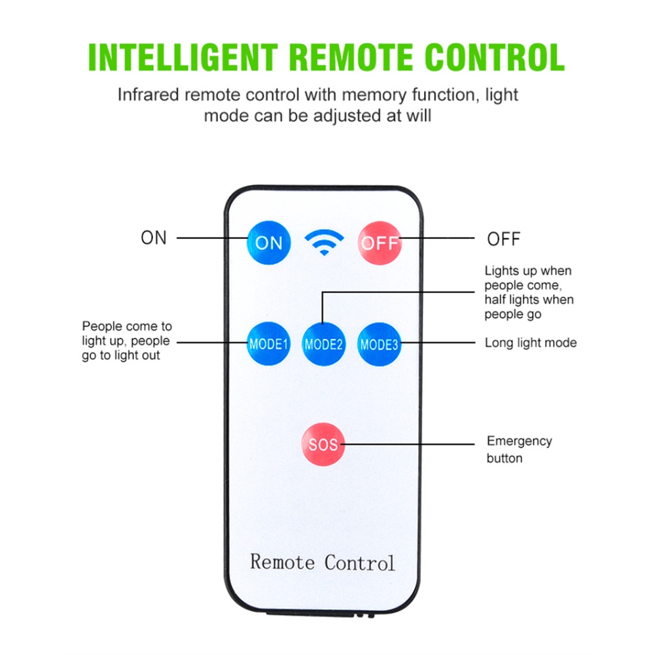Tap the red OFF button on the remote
[x=380, y=243]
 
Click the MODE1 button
[x=268, y=344]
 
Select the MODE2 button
[x=324, y=344]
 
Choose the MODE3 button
[x=380, y=344]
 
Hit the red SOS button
[x=323, y=444]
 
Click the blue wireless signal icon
[x=324, y=243]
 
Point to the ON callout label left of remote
[x=154, y=238]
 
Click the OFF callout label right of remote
[x=504, y=239]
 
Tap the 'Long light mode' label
[x=531, y=343]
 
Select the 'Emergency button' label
[x=520, y=450]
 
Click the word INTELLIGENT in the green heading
[x=183, y=57]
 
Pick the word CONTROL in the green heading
[x=495, y=57]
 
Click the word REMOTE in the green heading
[x=351, y=57]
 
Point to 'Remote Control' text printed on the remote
[x=323, y=562]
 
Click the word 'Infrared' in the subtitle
[x=149, y=95]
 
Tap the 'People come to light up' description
[x=127, y=340]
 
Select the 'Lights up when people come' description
[x=529, y=292]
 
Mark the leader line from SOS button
[x=408, y=444]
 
